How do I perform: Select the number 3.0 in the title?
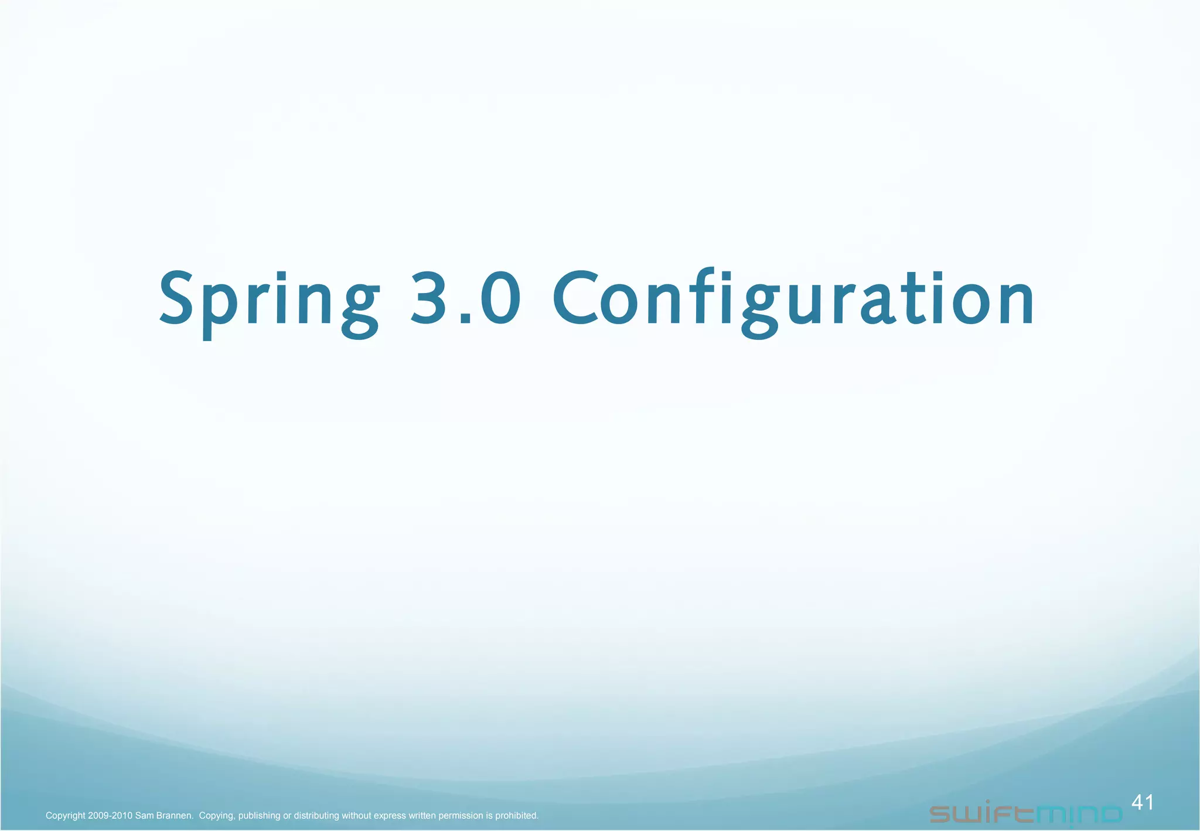pos(465,298)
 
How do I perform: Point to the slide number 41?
pos(1143,802)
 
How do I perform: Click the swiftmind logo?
pos(1025,813)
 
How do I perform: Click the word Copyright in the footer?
pos(65,816)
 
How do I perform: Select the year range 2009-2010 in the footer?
pos(110,816)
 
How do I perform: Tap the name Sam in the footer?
pos(144,816)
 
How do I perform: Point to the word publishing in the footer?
pos(260,816)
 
